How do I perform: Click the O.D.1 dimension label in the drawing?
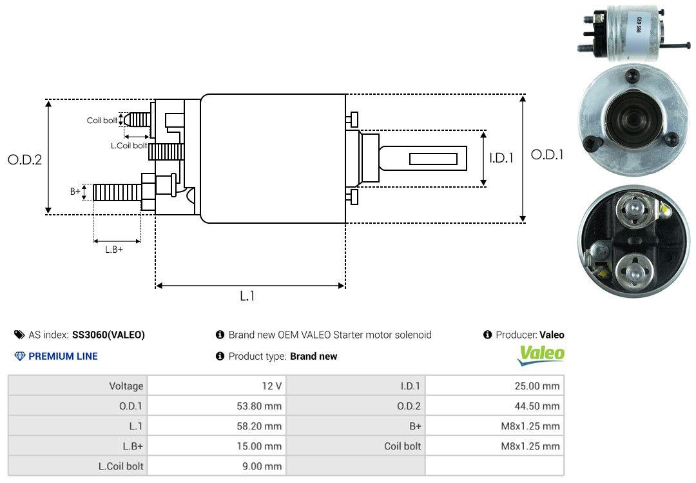pos(547,155)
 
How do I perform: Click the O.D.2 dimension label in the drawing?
pos(24,160)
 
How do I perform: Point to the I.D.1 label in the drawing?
pos(501,157)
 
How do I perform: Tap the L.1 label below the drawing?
pos(247,296)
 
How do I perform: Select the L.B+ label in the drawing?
pos(114,250)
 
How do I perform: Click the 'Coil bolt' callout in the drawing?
pos(102,121)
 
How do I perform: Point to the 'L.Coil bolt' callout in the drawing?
pos(129,146)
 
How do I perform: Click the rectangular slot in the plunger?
pos(434,159)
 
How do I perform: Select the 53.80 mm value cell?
pos(216,406)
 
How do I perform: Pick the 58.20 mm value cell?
pos(216,426)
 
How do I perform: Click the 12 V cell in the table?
pos(216,386)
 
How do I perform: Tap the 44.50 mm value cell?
pos(494,406)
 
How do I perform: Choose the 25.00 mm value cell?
pos(494,386)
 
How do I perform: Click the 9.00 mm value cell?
pos(216,466)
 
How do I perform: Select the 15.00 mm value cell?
pos(216,446)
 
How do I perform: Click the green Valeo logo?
pos(541,355)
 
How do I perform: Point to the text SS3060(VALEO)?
pos(108,335)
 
